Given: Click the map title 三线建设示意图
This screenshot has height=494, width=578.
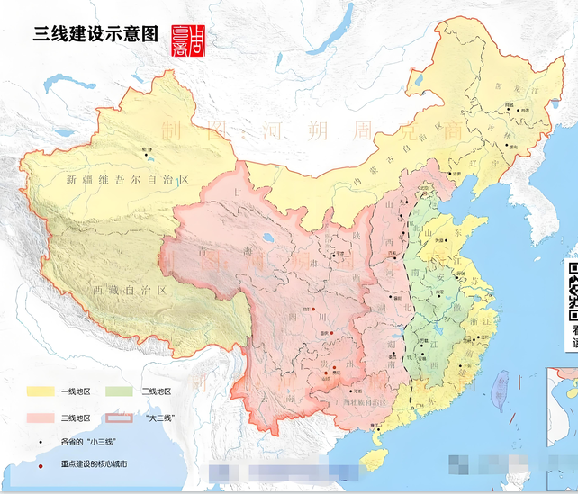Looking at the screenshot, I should (x=95, y=34).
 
